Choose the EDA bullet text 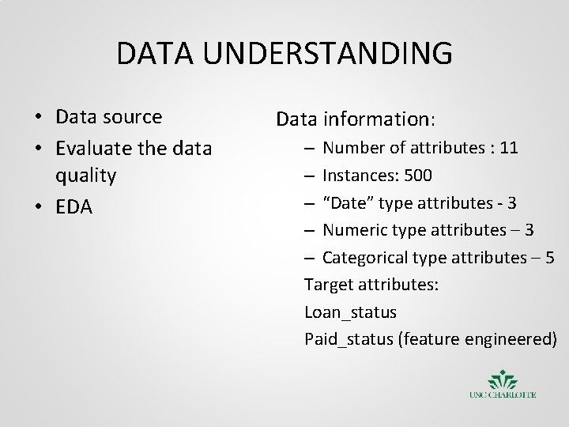tap(74, 207)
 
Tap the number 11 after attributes tap(509, 147)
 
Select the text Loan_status tap(350, 312)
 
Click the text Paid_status tap(349, 340)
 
